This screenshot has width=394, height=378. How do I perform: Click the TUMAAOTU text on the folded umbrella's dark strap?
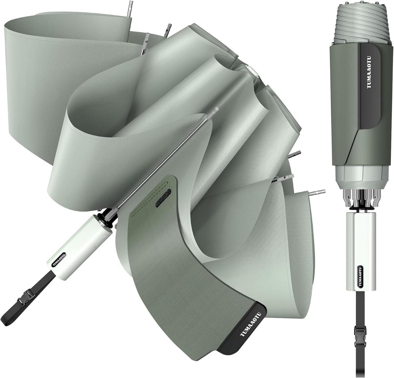pos(369,72)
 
